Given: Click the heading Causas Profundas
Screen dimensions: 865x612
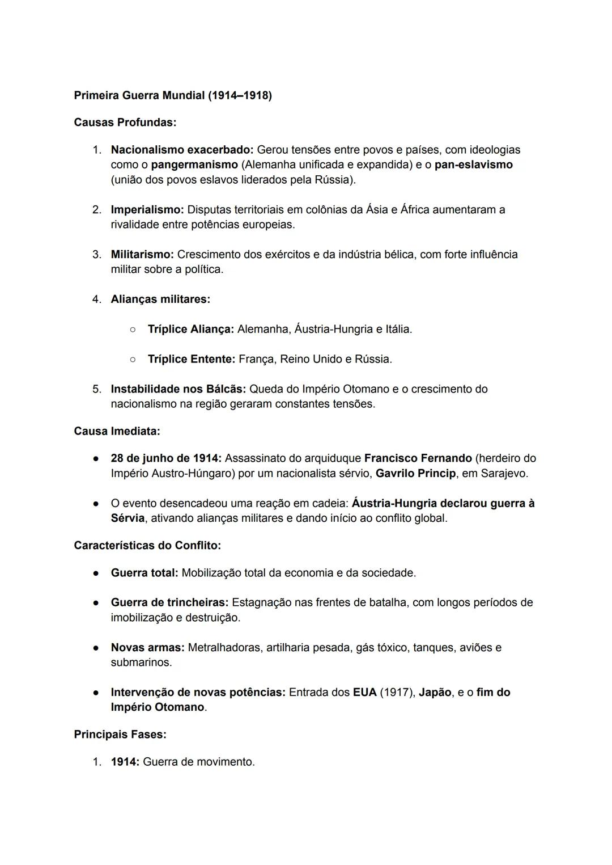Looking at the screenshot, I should click(125, 123).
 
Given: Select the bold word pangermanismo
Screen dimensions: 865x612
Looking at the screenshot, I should click(194, 165).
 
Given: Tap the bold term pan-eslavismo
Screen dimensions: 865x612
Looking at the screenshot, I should click(473, 165).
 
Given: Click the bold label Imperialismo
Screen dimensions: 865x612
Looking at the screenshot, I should click(147, 210).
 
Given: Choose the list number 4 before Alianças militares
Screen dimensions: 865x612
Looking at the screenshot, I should click(96, 299).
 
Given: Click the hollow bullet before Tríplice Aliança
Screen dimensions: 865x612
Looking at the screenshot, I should click(132, 330).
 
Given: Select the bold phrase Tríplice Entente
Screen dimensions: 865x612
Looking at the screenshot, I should click(191, 360).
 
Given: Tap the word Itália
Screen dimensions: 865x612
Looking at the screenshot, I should click(398, 330).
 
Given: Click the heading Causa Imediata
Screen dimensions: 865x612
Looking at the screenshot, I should click(117, 432).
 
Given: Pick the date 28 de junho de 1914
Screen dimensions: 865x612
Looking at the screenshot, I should click(165, 458).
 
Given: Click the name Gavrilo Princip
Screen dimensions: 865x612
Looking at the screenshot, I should click(415, 474).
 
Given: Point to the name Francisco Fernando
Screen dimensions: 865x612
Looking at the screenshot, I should click(418, 458).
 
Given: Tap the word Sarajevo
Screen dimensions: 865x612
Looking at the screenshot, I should click(504, 474).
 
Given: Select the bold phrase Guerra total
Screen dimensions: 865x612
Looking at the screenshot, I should click(144, 573).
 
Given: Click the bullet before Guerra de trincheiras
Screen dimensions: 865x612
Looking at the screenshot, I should click(97, 603).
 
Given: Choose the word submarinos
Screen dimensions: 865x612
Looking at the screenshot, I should click(141, 663).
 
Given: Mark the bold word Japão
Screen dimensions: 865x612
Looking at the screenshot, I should click(435, 693).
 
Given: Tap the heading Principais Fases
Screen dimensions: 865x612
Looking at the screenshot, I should click(120, 735).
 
